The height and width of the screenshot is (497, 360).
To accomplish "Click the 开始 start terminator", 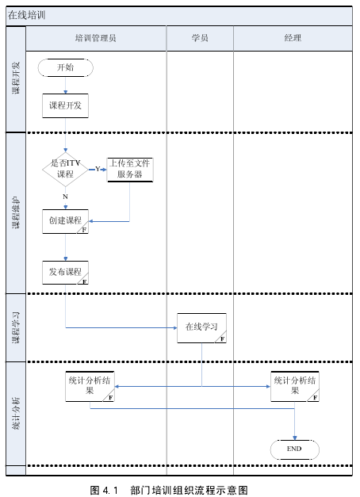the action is click(66, 67).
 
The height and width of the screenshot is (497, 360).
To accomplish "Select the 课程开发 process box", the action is click(65, 106).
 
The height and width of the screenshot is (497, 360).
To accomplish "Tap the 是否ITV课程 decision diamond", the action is click(65, 170).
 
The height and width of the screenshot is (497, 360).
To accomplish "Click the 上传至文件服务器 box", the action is click(130, 170).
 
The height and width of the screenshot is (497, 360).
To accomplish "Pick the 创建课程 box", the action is click(65, 221).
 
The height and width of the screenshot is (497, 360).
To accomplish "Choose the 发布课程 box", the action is click(65, 273).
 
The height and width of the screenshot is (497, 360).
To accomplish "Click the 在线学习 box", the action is click(201, 328).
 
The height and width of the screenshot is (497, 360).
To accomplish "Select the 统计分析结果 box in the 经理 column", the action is click(295, 386).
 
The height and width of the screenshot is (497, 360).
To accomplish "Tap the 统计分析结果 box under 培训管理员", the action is click(90, 386).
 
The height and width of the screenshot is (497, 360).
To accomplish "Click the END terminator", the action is click(295, 449).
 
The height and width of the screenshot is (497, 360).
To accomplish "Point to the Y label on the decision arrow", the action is click(98, 169).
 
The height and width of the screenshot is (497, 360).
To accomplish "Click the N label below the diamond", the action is click(65, 197).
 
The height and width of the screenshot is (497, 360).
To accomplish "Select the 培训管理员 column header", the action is click(96, 38).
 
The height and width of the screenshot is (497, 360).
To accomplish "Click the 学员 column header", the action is click(200, 38).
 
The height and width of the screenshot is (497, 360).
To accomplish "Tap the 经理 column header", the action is click(293, 38).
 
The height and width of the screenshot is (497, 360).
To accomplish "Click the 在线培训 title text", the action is click(27, 15).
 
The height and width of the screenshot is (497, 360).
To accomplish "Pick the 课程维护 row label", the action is click(16, 212).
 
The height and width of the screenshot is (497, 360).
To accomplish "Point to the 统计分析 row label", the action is click(16, 414).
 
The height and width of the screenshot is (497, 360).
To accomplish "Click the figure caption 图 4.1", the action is click(104, 491).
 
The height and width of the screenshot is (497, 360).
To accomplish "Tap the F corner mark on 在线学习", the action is click(222, 339).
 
